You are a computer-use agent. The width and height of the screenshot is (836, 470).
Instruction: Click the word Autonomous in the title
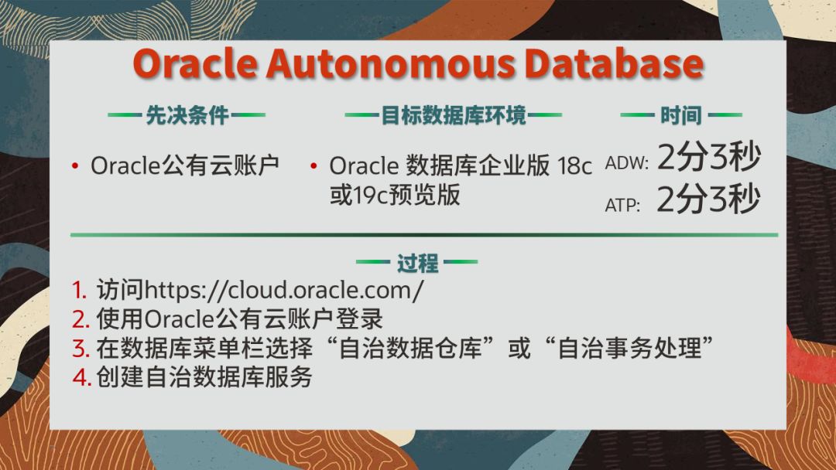coord(391,64)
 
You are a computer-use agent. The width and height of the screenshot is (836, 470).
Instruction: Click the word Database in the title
coord(614,64)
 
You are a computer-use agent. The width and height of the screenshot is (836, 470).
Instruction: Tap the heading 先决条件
coord(187,115)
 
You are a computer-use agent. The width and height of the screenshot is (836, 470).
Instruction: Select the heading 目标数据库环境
coord(453,115)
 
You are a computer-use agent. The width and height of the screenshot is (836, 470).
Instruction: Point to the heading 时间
coord(681,115)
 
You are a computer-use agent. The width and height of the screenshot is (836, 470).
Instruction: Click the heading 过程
coord(417,263)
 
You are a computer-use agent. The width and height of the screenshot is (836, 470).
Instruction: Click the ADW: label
coord(626,163)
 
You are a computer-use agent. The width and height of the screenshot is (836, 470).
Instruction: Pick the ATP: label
coord(622,205)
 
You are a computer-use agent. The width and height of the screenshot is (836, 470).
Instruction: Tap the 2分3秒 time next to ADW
coord(708,157)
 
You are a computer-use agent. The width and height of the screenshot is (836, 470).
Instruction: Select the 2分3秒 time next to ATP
coord(708,199)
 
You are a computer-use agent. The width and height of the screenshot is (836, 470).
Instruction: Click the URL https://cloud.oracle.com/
coord(284,290)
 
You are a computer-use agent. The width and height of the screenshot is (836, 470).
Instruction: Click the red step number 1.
coord(80,290)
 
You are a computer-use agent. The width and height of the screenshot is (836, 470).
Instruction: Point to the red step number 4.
coord(81,377)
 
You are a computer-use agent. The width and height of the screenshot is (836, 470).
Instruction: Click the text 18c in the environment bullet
coord(574,166)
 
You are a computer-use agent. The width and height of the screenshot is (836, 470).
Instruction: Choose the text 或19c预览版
coord(395,195)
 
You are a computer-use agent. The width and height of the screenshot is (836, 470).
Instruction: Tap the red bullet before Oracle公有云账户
coord(75,167)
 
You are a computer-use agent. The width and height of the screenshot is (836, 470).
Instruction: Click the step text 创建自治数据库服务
coord(204,377)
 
